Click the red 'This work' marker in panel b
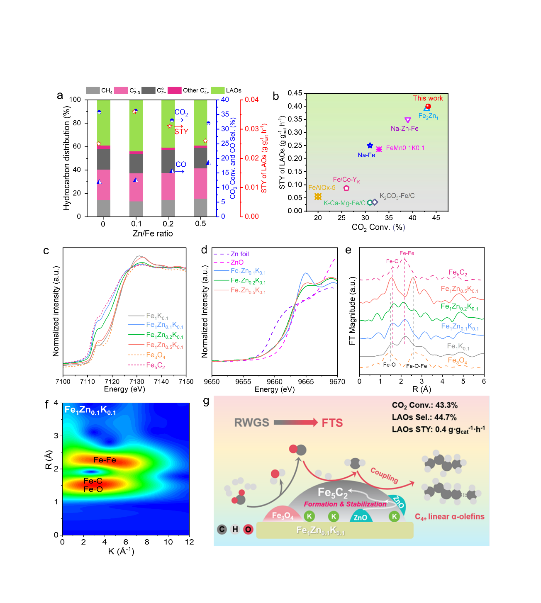428,106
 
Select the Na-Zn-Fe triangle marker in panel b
408,120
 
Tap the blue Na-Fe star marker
370,146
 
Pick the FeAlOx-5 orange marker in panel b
318,197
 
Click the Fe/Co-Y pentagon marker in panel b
346,188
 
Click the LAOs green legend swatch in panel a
217,90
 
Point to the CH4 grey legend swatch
93,90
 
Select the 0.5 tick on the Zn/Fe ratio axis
200,224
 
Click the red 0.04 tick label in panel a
251,100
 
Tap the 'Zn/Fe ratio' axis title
153,234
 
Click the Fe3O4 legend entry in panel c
156,355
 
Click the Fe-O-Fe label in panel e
417,366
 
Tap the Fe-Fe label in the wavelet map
105,460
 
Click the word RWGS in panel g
251,423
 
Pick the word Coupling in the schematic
384,475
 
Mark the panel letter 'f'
46,404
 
